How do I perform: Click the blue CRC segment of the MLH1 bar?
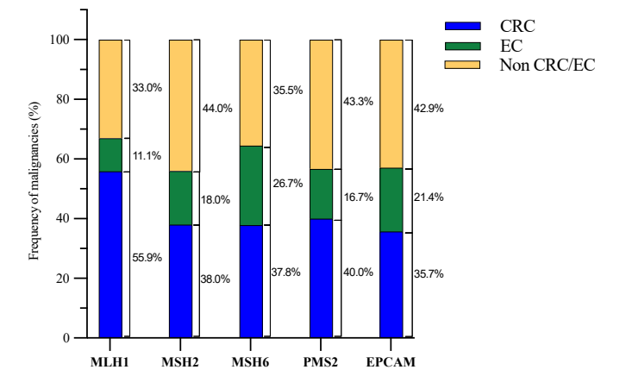[x=110, y=254]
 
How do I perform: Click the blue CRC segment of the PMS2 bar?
[x=321, y=279]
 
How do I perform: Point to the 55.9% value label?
[x=147, y=256]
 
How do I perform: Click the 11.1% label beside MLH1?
[x=147, y=154]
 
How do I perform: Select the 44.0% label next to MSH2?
[x=216, y=108]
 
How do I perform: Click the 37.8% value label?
[x=286, y=280]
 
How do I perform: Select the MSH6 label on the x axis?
[x=250, y=359]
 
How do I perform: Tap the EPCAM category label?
[x=391, y=359]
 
